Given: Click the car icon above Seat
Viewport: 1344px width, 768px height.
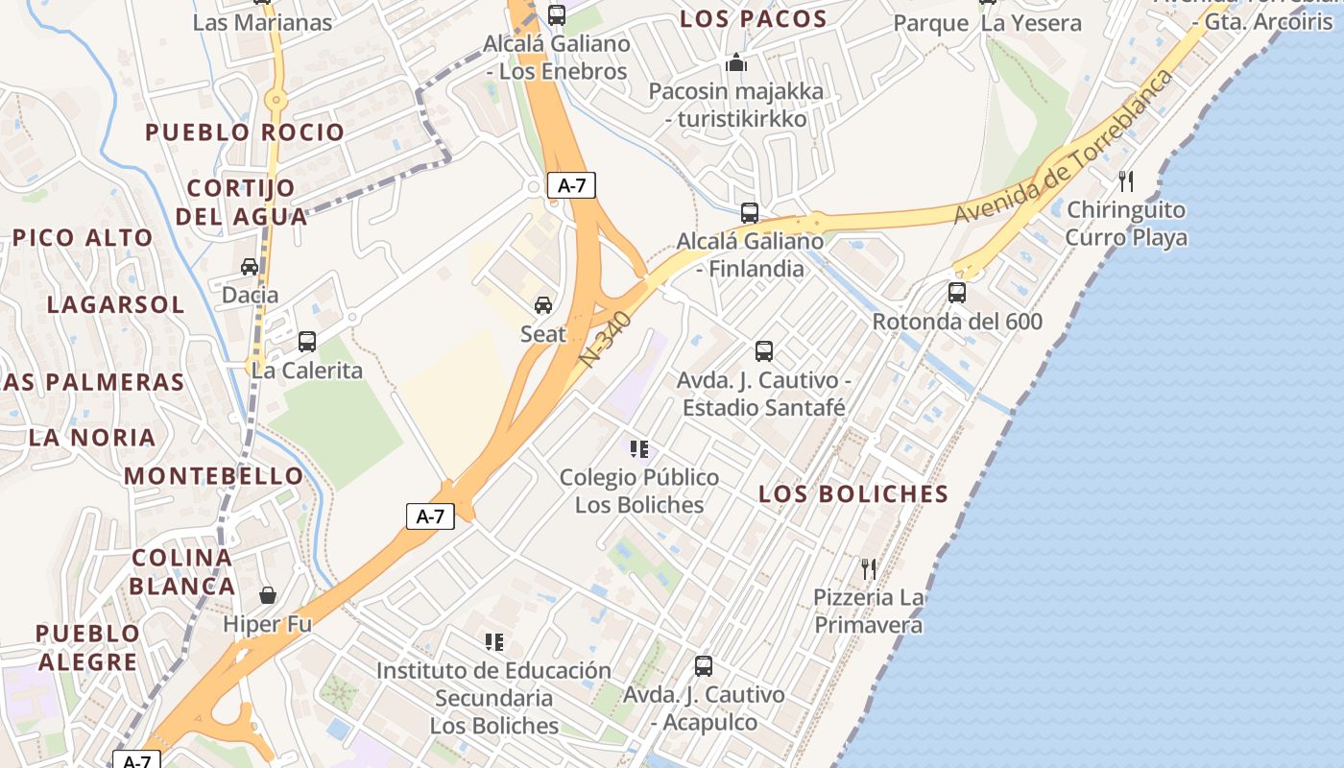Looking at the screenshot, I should point(543,305).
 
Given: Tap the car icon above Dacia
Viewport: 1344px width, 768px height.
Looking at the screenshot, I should point(250,266).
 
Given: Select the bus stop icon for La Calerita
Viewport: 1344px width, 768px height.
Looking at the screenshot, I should point(307,341).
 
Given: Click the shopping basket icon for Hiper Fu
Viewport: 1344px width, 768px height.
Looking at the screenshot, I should point(268,595).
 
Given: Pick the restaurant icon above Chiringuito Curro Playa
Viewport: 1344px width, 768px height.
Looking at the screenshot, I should point(1126,180).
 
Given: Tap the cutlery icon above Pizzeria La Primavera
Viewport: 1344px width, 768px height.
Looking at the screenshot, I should point(869,568).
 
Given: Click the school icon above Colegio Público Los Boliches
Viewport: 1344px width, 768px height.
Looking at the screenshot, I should point(639,448).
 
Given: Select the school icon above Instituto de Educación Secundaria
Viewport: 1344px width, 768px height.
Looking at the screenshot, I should point(494,641).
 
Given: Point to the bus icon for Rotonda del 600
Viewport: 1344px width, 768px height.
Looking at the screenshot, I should point(957,292).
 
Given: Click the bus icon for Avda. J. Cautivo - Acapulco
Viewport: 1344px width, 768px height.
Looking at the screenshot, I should point(704,665).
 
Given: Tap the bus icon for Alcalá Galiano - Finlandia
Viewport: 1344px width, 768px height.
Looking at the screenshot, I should point(750,212).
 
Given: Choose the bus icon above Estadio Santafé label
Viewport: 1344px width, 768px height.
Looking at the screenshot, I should point(764,351).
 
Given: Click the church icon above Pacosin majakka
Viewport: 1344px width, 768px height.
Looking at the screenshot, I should point(736,62).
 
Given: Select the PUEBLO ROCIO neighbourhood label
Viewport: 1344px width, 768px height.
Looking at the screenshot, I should point(245,132).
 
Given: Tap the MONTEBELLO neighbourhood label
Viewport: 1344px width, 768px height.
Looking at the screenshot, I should point(214,476).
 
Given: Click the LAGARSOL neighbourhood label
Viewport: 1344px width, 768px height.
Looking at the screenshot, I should point(115,305).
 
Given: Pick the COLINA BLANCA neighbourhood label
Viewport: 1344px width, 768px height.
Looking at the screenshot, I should point(182,572).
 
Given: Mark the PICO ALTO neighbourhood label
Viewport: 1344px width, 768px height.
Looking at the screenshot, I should point(83,238).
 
